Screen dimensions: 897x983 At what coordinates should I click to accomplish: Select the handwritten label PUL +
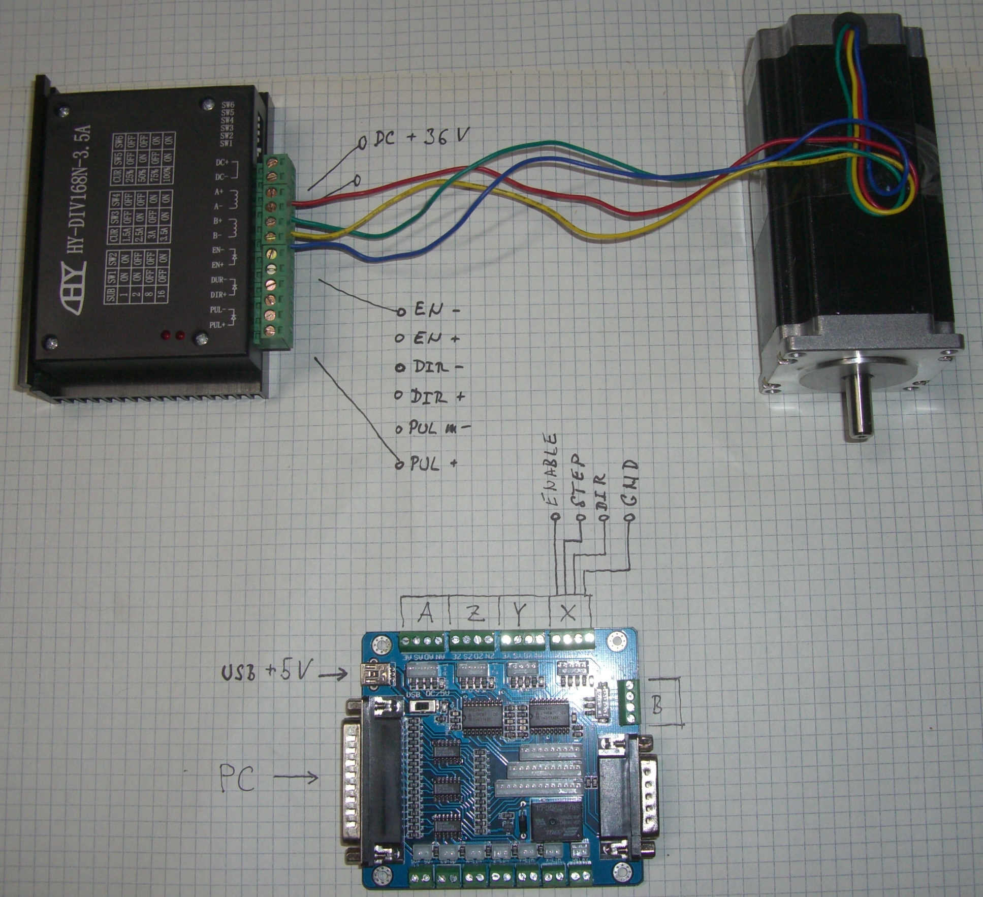coord(433,463)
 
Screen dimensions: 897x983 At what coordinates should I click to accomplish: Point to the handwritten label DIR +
coord(437,396)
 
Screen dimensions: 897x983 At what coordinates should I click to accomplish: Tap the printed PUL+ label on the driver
coord(217,325)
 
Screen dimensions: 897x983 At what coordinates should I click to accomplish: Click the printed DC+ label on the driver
coord(222,163)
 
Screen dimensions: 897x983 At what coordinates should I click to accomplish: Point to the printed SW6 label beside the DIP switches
coord(227,105)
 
